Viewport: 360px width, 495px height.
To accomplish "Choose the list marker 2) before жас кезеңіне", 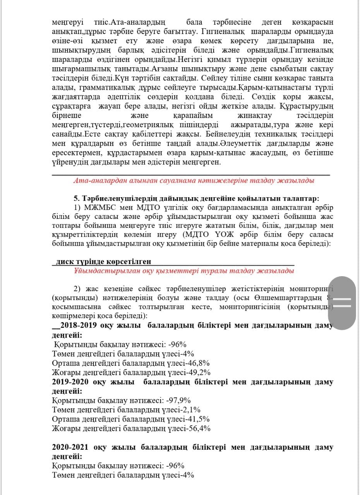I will pos(78,289).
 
